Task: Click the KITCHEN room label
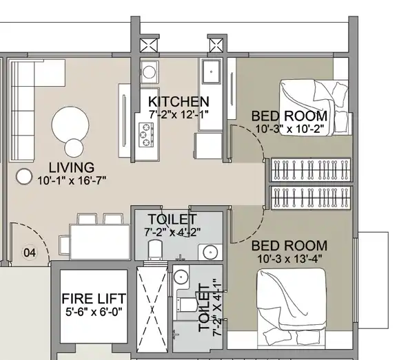(x=178, y=102)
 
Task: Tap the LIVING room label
(x=72, y=167)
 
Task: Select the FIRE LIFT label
(x=94, y=299)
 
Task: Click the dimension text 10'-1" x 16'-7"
(x=72, y=180)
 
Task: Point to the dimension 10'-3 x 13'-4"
(x=289, y=259)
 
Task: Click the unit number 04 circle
(x=30, y=253)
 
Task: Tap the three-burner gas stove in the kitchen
(x=146, y=135)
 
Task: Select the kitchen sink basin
(x=212, y=72)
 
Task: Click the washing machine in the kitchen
(x=149, y=72)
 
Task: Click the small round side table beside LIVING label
(x=24, y=177)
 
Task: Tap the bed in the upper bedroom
(x=314, y=107)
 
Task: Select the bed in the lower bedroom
(x=292, y=308)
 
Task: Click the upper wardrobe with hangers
(x=311, y=170)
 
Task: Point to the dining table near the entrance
(x=100, y=242)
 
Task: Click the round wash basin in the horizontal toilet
(x=210, y=252)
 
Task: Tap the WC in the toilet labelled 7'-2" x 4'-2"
(x=155, y=249)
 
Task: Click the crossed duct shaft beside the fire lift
(x=152, y=309)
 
